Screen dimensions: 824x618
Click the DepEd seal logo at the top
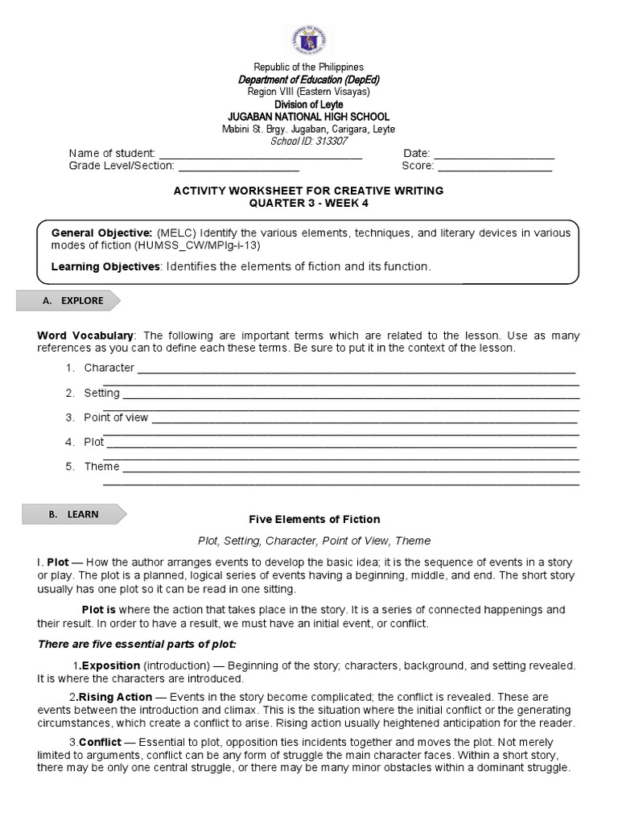click(x=308, y=38)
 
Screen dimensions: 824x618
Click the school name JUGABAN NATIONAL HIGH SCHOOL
click(x=309, y=117)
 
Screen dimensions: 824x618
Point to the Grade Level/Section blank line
click(x=238, y=167)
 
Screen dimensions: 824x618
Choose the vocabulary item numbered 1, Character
click(x=109, y=368)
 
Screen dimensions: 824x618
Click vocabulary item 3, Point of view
click(x=116, y=418)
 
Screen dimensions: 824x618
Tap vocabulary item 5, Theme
click(x=101, y=467)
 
